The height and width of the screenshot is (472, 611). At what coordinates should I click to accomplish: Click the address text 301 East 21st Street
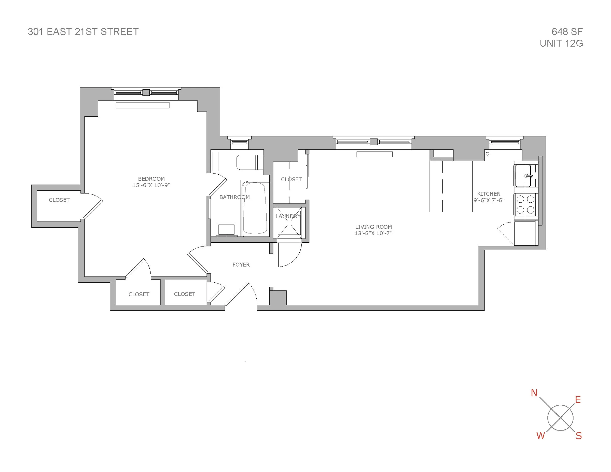pyautogui.click(x=83, y=32)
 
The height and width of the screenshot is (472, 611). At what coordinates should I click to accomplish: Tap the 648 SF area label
pyautogui.click(x=567, y=32)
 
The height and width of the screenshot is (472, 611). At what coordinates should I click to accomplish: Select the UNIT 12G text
pyautogui.click(x=561, y=43)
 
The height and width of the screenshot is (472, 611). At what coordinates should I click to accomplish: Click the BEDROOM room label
pyautogui.click(x=151, y=179)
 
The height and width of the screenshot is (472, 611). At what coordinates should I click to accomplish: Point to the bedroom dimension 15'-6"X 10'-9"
pyautogui.click(x=151, y=185)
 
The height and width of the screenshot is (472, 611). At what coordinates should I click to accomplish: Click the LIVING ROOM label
pyautogui.click(x=373, y=227)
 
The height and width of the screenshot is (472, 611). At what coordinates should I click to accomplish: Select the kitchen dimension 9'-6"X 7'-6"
pyautogui.click(x=489, y=200)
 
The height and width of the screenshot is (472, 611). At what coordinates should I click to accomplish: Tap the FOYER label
pyautogui.click(x=241, y=265)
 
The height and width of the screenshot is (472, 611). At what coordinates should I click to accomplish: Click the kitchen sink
pyautogui.click(x=523, y=176)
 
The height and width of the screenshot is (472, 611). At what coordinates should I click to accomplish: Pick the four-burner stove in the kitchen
pyautogui.click(x=525, y=204)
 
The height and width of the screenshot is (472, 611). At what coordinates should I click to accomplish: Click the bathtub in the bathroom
pyautogui.click(x=255, y=209)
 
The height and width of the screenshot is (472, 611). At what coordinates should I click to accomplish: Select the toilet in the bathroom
pyautogui.click(x=249, y=162)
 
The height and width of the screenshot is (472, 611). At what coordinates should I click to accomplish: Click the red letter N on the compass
pyautogui.click(x=534, y=393)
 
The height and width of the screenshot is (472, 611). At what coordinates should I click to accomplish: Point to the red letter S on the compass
pyautogui.click(x=579, y=436)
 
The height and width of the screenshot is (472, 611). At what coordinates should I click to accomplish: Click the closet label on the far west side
pyautogui.click(x=59, y=200)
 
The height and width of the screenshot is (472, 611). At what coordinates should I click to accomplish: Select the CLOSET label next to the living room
pyautogui.click(x=291, y=179)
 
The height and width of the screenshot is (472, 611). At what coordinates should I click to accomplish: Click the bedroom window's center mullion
pyautogui.click(x=146, y=92)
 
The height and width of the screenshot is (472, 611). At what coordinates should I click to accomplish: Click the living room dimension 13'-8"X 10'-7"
pyautogui.click(x=373, y=233)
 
